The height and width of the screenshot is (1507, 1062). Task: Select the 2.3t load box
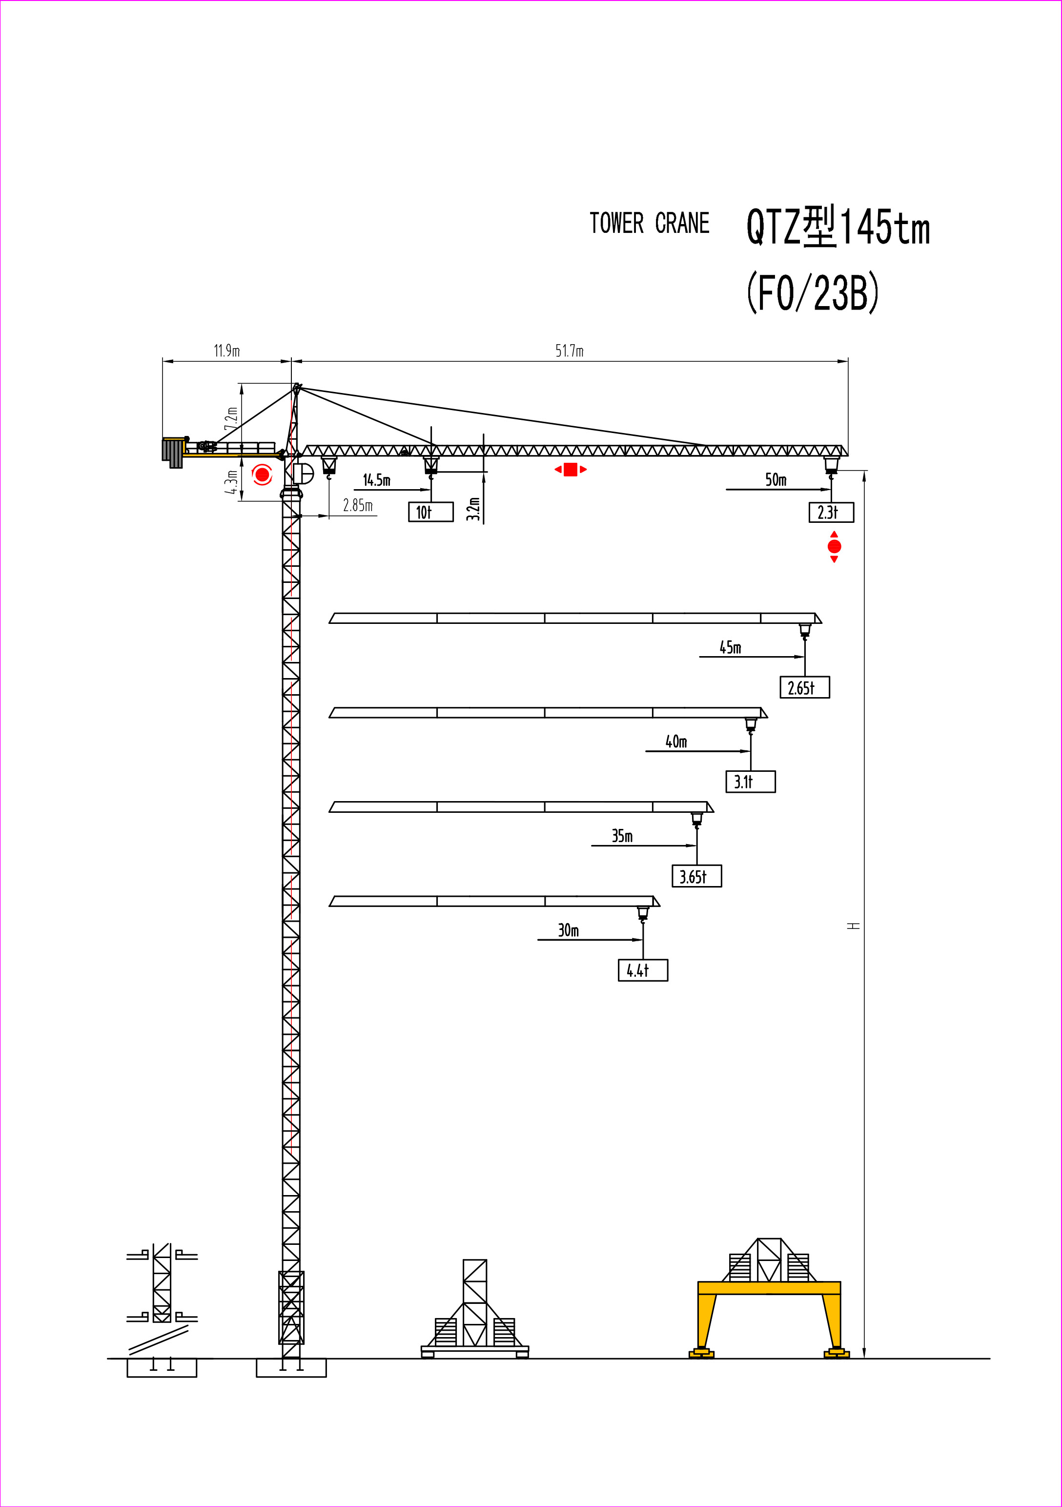click(831, 512)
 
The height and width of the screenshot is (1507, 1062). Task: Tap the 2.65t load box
click(805, 687)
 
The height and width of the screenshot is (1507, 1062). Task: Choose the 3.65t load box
click(697, 876)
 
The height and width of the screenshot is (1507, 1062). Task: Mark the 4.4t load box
click(643, 970)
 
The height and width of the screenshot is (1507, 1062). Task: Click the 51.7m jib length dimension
click(569, 351)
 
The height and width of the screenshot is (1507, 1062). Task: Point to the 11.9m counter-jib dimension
click(227, 351)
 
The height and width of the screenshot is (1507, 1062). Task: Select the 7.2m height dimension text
click(231, 418)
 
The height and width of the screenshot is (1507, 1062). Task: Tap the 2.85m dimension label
click(358, 505)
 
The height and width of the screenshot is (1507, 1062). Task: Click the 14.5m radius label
click(377, 480)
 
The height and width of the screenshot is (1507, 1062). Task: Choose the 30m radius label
click(569, 930)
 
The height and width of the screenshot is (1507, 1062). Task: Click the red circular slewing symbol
click(263, 474)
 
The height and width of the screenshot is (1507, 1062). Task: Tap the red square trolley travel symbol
click(571, 469)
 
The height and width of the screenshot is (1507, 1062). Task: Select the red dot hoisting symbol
click(834, 547)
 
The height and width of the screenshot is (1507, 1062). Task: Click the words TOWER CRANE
click(649, 223)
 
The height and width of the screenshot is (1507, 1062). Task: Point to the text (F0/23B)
click(813, 292)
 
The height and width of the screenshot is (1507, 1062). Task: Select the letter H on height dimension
click(853, 926)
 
